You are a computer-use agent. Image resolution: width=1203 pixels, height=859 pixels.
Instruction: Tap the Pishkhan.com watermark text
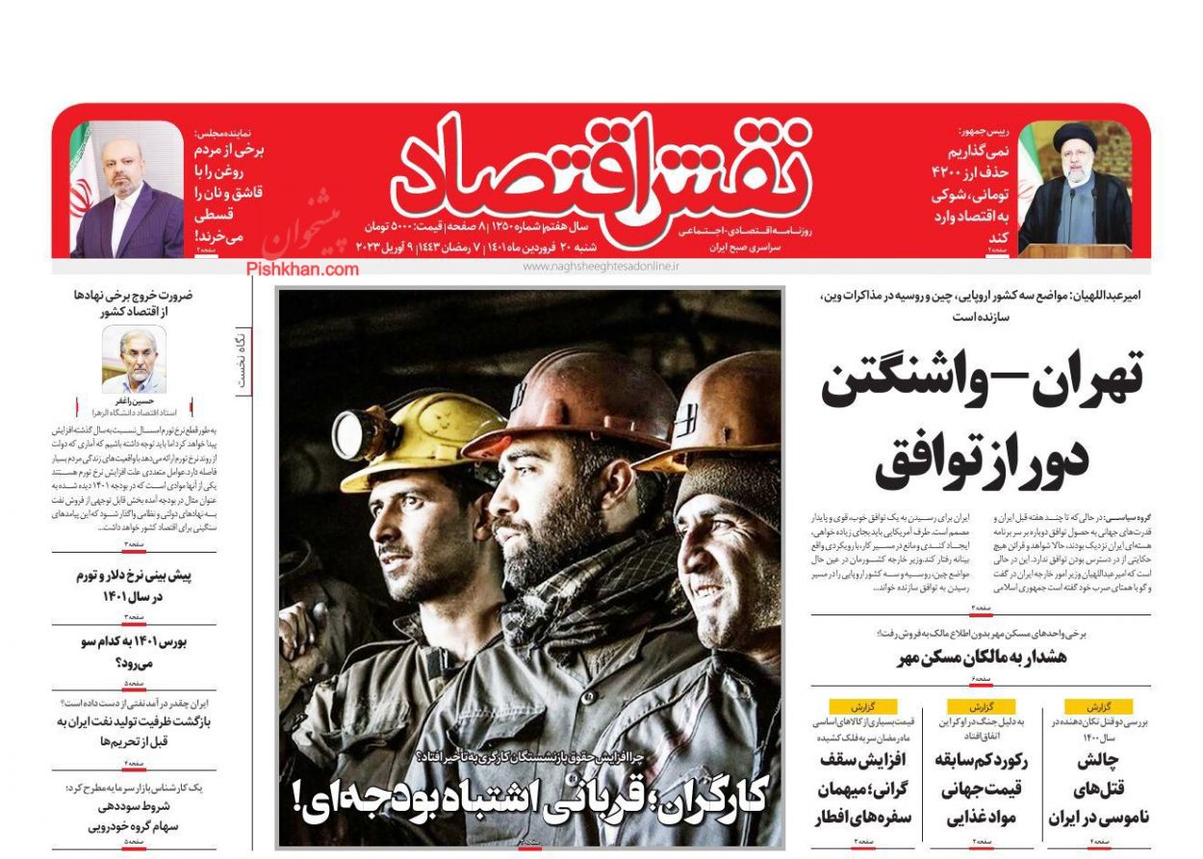click(x=302, y=269)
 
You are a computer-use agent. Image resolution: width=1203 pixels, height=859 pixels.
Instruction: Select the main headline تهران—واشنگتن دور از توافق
click(x=982, y=418)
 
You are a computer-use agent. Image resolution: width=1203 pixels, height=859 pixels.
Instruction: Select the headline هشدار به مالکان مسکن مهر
click(x=981, y=658)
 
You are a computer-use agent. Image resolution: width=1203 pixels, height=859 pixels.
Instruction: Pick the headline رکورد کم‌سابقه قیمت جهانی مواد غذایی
click(x=981, y=789)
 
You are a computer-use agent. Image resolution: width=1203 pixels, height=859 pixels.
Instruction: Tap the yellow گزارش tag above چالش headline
click(x=1097, y=706)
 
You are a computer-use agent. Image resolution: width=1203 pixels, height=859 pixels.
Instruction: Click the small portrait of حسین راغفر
click(x=134, y=358)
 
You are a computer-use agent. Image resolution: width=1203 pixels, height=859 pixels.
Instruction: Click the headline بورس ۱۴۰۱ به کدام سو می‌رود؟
click(x=134, y=652)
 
